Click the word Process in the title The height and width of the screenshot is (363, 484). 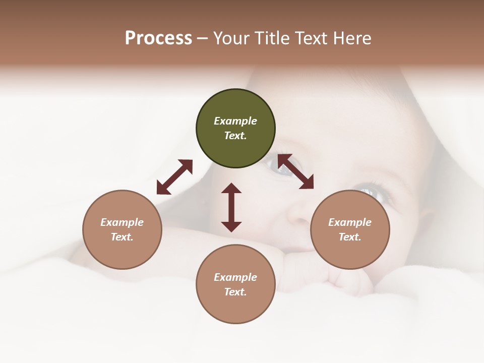(x=158, y=38)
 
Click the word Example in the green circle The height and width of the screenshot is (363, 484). (x=235, y=121)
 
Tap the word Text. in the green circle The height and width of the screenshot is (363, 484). (x=235, y=136)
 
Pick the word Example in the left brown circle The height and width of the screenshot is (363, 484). (x=122, y=222)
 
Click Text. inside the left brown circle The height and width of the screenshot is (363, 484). (x=122, y=237)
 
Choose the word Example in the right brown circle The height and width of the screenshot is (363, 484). (x=350, y=222)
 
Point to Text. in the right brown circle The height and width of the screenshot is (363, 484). (x=350, y=237)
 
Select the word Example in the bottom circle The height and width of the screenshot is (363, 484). (x=235, y=277)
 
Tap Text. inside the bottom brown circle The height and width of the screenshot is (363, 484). (x=235, y=292)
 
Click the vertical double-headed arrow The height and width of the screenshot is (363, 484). (x=231, y=207)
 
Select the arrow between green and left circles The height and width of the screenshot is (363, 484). (x=174, y=177)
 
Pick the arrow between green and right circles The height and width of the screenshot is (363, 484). (x=295, y=171)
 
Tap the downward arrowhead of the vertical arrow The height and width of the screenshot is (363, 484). (x=231, y=226)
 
